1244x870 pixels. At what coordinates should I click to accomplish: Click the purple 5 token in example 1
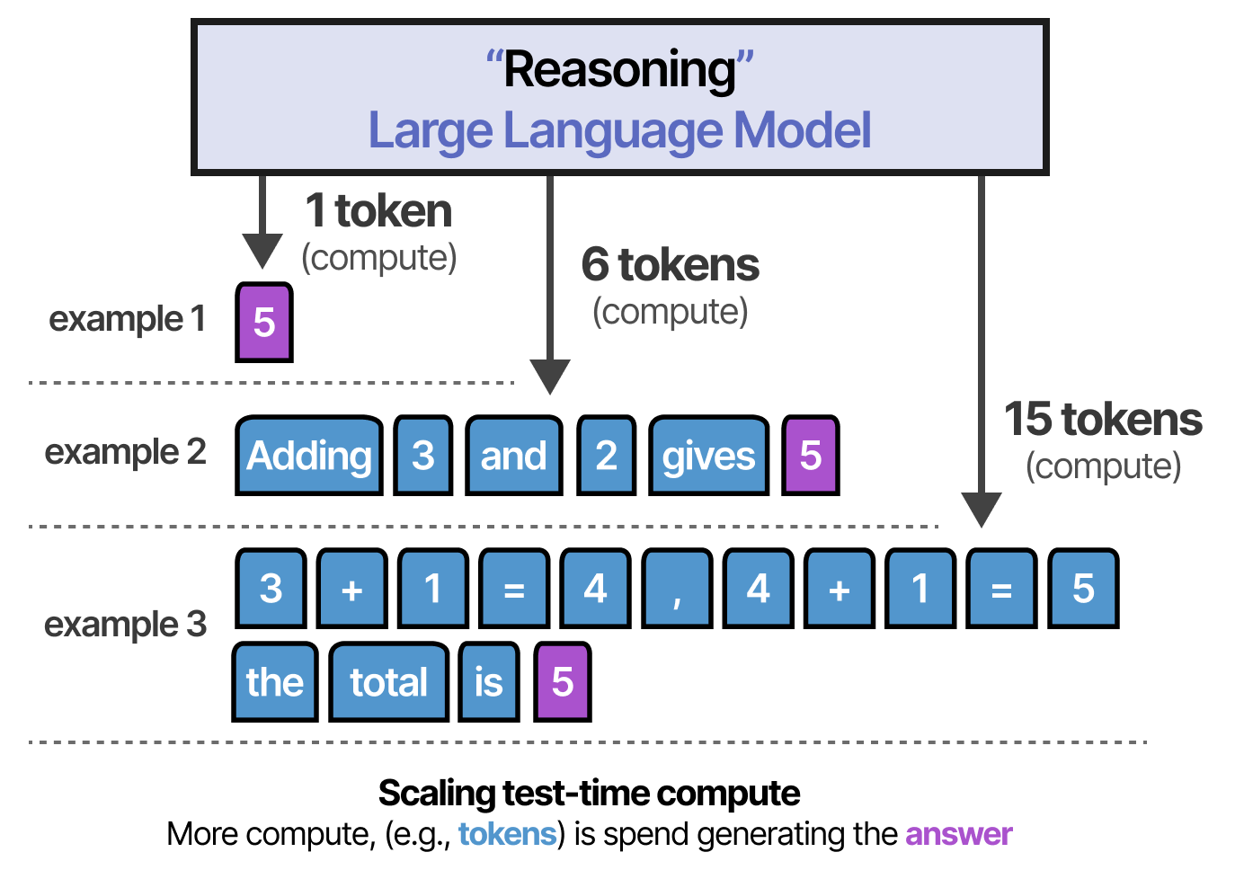(x=264, y=323)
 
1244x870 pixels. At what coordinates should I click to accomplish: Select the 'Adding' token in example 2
(x=309, y=456)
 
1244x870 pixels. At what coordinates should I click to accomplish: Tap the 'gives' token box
(x=708, y=456)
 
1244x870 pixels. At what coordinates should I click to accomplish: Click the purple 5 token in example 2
(x=811, y=456)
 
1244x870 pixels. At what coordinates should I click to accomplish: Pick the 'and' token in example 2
(x=513, y=456)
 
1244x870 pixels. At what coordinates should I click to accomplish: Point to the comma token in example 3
(x=677, y=590)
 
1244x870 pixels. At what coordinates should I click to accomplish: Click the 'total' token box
(x=388, y=682)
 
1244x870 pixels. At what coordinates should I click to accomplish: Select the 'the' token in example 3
(x=274, y=682)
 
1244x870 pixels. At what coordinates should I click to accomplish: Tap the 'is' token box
(x=489, y=682)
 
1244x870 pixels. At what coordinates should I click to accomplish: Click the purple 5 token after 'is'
(x=563, y=682)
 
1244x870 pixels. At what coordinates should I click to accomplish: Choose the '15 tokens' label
(x=1103, y=420)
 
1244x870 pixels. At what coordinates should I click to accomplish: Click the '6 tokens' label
(x=670, y=265)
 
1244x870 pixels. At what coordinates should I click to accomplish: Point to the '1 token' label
(x=378, y=211)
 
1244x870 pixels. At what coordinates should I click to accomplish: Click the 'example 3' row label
(x=125, y=624)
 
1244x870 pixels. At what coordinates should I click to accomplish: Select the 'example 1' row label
(x=127, y=318)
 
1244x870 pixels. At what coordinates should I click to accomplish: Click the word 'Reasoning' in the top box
(x=619, y=70)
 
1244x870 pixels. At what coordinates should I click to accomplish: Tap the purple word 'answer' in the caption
(x=958, y=834)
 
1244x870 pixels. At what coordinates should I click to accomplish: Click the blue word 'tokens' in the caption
(x=507, y=834)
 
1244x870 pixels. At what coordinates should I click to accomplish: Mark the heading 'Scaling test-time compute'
(x=589, y=793)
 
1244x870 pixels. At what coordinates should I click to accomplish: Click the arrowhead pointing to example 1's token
(x=262, y=251)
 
